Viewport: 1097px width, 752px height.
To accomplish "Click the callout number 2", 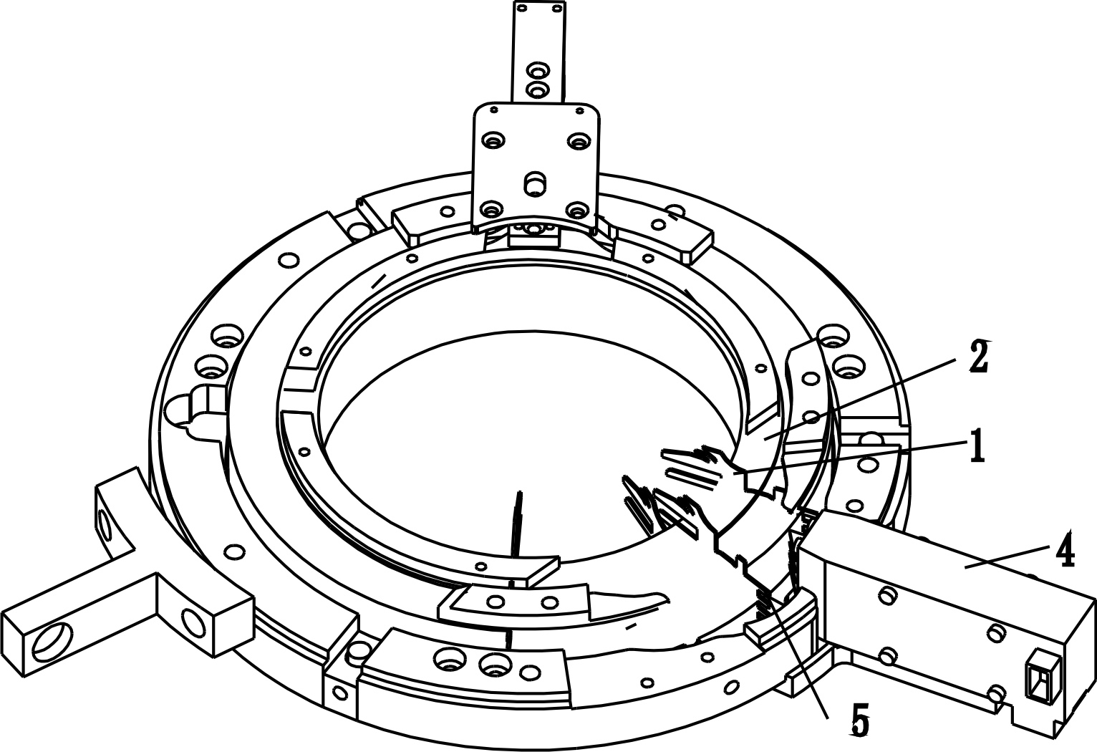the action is click(x=980, y=358).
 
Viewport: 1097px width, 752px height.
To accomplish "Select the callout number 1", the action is click(x=977, y=445).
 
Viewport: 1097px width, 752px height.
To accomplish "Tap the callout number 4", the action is click(x=1063, y=549).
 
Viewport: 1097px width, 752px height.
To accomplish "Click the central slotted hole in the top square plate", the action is click(x=535, y=184).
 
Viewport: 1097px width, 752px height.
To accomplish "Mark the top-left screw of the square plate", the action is click(x=493, y=140).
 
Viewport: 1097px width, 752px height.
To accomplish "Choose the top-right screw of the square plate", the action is click(x=580, y=141).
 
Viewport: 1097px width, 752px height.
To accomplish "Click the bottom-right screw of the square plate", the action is click(x=578, y=210).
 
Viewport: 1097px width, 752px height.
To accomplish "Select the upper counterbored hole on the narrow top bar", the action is click(x=538, y=71).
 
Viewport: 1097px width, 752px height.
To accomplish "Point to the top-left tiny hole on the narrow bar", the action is click(x=521, y=9).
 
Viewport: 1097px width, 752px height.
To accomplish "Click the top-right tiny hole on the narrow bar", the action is click(x=556, y=8).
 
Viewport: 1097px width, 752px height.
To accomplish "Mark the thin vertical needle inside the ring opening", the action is click(x=516, y=524).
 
